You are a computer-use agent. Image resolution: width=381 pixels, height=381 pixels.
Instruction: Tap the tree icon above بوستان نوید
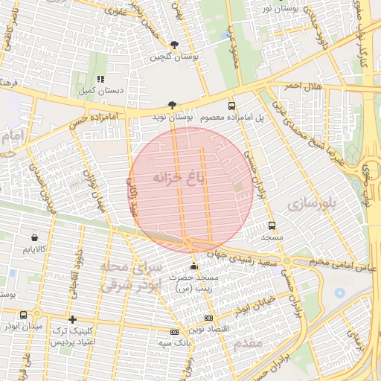point(173,106)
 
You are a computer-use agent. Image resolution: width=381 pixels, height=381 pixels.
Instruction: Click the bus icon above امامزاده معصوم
point(231,106)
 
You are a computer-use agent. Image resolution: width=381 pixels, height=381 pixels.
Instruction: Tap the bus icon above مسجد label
point(272,225)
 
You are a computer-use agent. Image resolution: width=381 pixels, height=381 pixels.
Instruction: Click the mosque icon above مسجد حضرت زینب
point(194,266)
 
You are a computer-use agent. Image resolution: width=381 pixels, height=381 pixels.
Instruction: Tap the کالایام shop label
point(34,247)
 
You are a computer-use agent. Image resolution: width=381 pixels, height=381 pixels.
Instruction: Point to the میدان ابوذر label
point(22,327)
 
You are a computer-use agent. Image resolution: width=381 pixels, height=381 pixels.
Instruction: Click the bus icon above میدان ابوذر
point(25,316)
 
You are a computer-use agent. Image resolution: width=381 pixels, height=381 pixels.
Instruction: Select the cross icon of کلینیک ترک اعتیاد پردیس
point(72,319)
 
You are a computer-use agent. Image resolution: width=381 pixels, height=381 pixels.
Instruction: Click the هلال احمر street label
point(304,87)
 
